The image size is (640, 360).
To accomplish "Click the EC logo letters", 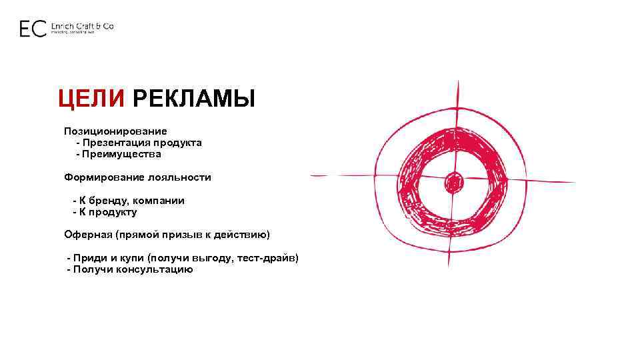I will coord(33,29).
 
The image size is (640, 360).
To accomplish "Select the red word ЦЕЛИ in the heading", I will coord(91,100).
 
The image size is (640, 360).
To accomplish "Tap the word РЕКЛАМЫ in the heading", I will coord(193,100).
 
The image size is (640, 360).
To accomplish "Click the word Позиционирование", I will coord(115,131).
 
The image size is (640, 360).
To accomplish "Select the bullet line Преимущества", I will coord(122,154).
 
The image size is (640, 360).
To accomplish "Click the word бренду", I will coord(109,201).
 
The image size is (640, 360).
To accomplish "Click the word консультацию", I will coord(155,269).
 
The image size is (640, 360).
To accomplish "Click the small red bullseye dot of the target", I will coord(454,181).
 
